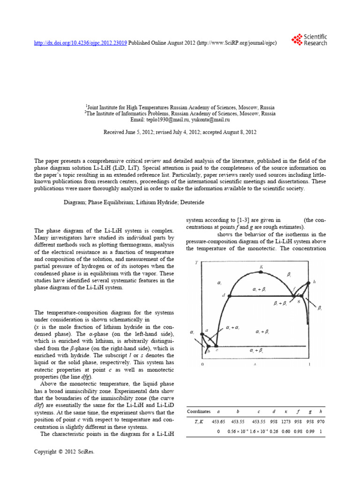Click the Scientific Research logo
(308, 40)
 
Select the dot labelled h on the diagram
(308, 283)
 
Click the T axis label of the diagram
(196, 262)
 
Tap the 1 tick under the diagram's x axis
(308, 364)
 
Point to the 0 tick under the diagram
(202, 364)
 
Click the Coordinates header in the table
(199, 411)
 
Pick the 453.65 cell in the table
(219, 422)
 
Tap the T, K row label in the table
(199, 422)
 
